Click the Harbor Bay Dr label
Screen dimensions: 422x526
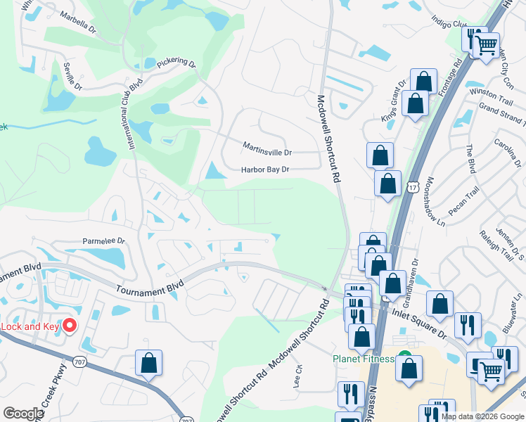click(265, 170)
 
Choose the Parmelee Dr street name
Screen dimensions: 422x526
click(104, 241)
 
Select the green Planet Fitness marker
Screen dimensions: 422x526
click(404, 357)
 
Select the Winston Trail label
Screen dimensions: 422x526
click(487, 92)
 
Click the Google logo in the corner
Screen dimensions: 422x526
click(23, 414)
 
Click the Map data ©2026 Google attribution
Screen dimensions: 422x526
click(482, 416)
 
